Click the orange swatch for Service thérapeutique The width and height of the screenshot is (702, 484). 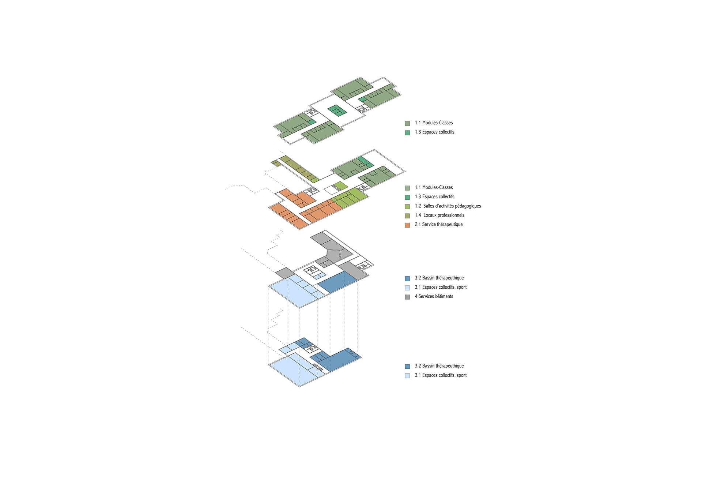pyautogui.click(x=407, y=225)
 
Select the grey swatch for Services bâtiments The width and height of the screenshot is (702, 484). pyautogui.click(x=407, y=297)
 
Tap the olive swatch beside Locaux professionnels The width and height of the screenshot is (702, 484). pyautogui.click(x=407, y=216)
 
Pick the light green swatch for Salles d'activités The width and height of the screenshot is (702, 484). pyautogui.click(x=407, y=206)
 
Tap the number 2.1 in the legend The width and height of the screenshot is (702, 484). pyautogui.click(x=418, y=224)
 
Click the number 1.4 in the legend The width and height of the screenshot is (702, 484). pyautogui.click(x=418, y=215)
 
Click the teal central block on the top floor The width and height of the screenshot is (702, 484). pyautogui.click(x=337, y=110)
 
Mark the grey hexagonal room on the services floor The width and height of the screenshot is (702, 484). pyautogui.click(x=335, y=255)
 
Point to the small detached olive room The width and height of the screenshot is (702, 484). pyautogui.click(x=276, y=163)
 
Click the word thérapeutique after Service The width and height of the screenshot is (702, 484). pyautogui.click(x=449, y=224)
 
